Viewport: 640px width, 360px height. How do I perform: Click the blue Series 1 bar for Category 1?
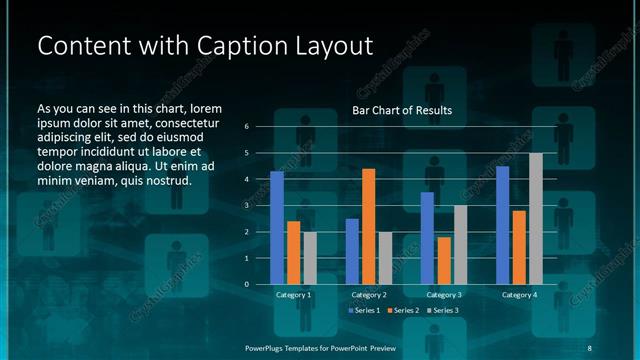(x=277, y=228)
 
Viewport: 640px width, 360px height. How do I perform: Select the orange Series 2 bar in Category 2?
(x=368, y=227)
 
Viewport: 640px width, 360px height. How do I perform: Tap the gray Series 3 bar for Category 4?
(x=536, y=219)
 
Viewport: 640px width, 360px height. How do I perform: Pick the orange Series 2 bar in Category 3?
(x=443, y=261)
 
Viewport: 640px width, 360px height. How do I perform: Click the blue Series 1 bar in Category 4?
(x=503, y=225)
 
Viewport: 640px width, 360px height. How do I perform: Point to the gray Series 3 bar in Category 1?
(x=310, y=258)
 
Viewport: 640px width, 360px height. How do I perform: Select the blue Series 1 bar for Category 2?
(x=352, y=252)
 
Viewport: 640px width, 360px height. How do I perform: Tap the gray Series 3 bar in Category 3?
(x=460, y=245)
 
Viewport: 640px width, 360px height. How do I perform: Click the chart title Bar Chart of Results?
(x=403, y=110)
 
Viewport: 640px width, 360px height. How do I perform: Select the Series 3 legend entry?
(x=442, y=311)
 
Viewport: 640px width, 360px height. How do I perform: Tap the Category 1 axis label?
(x=293, y=295)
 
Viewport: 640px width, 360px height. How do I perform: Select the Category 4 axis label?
(x=519, y=295)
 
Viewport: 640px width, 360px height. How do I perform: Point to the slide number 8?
(x=589, y=347)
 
